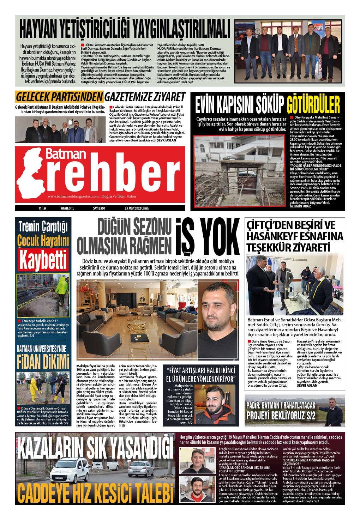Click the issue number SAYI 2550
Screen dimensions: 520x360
[x=99, y=208]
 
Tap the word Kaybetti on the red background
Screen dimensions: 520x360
[x=43, y=260]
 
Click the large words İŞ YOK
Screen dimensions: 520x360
[x=207, y=237]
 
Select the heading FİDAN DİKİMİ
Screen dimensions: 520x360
[x=43, y=362]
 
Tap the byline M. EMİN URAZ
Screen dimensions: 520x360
[x=300, y=206]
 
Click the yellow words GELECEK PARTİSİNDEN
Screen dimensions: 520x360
[x=59, y=97]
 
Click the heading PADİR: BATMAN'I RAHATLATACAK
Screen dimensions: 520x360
[x=281, y=405]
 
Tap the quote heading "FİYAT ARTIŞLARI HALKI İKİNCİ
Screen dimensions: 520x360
[x=201, y=370]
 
